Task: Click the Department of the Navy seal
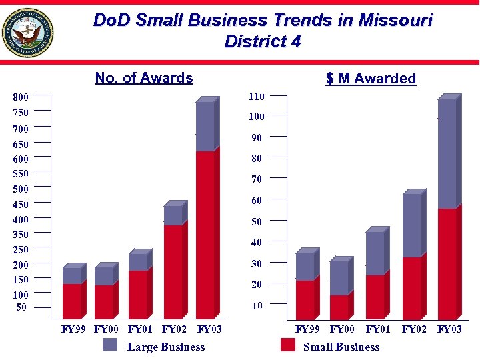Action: [x=27, y=33]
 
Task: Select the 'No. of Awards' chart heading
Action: [x=144, y=78]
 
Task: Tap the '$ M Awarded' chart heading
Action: [x=371, y=79]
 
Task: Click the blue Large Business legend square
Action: [x=110, y=345]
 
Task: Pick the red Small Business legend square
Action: [x=288, y=345]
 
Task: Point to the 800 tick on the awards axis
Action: [x=21, y=97]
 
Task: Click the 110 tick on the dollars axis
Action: [x=257, y=97]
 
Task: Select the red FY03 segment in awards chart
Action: [x=205, y=233]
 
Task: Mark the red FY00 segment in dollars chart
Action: [x=339, y=306]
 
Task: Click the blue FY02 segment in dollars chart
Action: [x=411, y=225]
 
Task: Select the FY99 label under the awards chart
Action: [x=73, y=329]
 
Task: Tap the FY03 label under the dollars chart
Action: [x=449, y=329]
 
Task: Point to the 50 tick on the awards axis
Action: [x=22, y=307]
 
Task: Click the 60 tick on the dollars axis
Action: [x=257, y=201]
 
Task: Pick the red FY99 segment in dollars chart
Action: [x=305, y=299]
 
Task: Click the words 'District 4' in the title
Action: [x=263, y=41]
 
